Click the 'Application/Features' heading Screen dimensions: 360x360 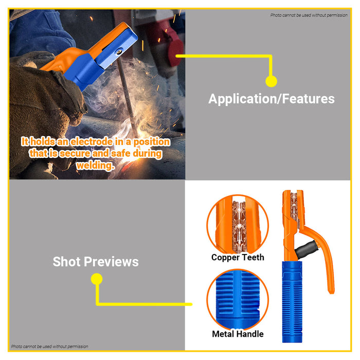[x=271, y=99]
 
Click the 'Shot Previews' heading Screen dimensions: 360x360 [x=96, y=262]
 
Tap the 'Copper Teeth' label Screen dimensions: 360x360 [x=238, y=257]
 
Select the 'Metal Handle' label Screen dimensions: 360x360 [x=238, y=334]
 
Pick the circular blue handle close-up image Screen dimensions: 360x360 [x=238, y=299]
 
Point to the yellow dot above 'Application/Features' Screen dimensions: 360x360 [x=271, y=81]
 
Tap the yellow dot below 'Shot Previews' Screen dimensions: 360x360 [x=96, y=279]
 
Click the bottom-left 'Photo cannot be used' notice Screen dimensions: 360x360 [x=49, y=347]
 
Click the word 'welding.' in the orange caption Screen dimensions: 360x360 [x=95, y=166]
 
